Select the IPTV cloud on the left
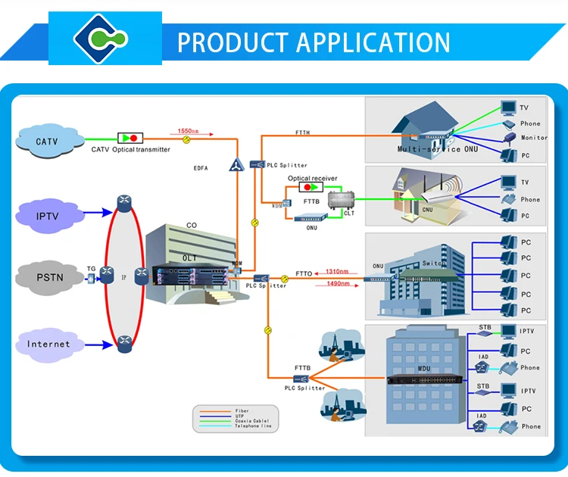(47, 216)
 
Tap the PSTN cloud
(49, 277)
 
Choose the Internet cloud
(48, 344)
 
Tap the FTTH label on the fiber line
(302, 133)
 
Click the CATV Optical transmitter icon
(130, 139)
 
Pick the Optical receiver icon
(307, 186)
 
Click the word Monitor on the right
(534, 138)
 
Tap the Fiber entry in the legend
(242, 410)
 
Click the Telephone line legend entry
(252, 426)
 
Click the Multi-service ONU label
(429, 149)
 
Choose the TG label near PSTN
(91, 269)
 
